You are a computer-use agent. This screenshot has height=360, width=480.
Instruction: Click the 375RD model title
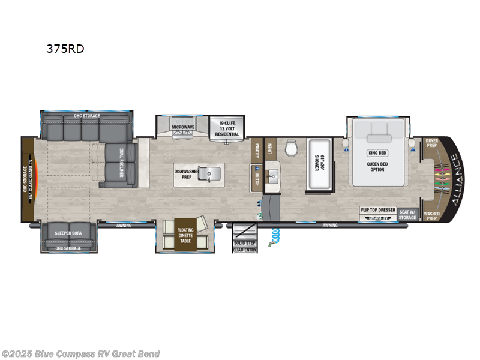point(65,49)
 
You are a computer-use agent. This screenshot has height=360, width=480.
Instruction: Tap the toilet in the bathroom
point(292,147)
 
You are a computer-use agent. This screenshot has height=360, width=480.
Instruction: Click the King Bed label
point(377,153)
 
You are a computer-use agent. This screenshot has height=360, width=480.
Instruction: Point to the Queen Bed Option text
point(377,166)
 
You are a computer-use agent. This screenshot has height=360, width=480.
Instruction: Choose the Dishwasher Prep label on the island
point(187,173)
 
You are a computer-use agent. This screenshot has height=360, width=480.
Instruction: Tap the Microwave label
point(182,127)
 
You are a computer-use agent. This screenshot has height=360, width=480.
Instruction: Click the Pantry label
point(256,149)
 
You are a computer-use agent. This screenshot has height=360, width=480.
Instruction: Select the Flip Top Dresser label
point(377,210)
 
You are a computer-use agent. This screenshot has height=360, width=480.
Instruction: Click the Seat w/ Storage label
point(407,214)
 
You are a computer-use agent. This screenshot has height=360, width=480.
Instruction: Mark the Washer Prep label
point(431,215)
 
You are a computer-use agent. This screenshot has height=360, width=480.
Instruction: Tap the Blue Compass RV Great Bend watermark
point(80,353)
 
